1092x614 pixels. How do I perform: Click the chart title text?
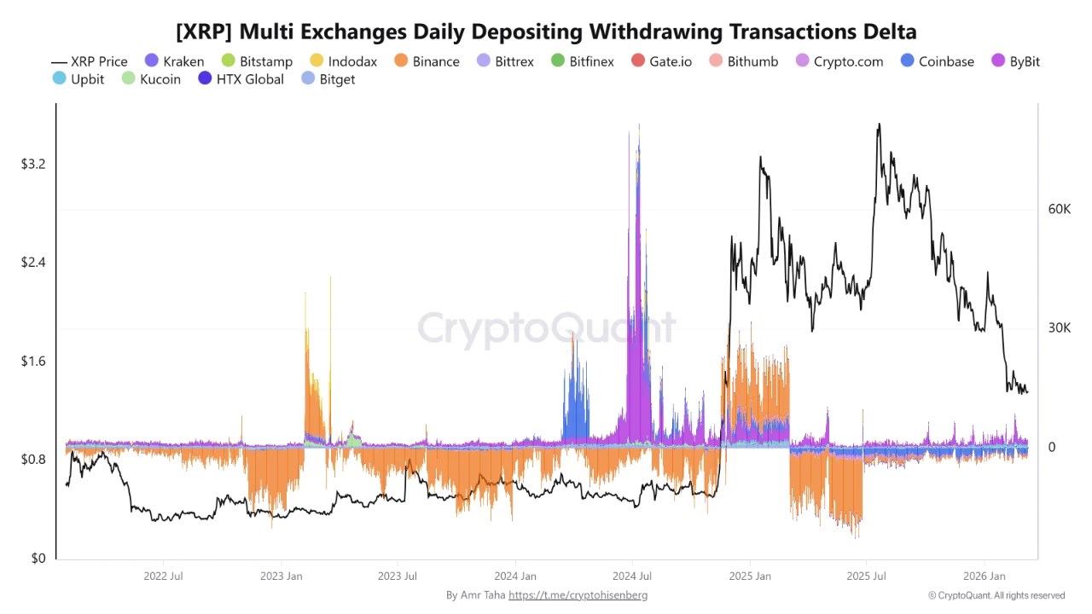(546, 32)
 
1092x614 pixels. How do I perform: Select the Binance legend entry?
(427, 61)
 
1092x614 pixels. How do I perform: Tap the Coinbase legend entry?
(937, 61)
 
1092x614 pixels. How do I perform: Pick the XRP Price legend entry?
(90, 61)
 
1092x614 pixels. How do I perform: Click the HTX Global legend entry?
(240, 79)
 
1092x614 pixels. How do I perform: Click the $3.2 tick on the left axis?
(33, 164)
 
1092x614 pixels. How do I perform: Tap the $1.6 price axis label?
(33, 361)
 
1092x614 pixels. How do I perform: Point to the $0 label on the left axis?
(38, 558)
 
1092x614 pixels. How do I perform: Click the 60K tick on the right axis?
(1059, 209)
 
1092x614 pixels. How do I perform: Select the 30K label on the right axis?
(1059, 328)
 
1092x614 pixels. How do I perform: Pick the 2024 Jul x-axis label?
(633, 576)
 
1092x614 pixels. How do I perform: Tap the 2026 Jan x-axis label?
(984, 576)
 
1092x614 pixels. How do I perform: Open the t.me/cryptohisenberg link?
(578, 595)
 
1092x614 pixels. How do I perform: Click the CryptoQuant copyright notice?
(996, 595)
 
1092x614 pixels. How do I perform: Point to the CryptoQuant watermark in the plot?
(546, 327)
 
